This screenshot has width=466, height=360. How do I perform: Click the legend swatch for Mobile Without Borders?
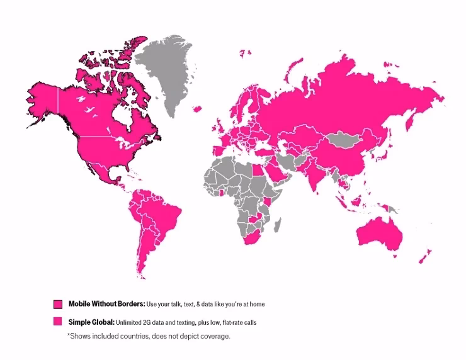click(57, 304)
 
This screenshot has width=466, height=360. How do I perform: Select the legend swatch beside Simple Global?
click(57, 322)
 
